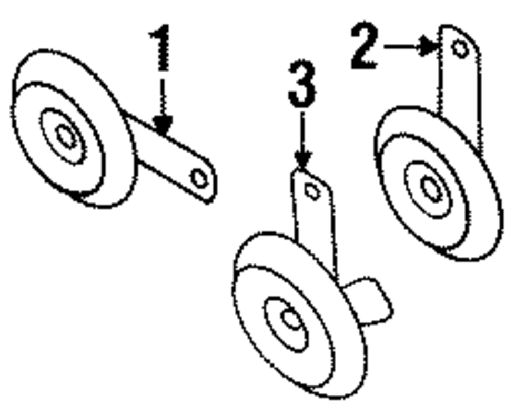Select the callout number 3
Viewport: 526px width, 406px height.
pyautogui.click(x=302, y=84)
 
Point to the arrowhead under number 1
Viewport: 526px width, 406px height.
pyautogui.click(x=163, y=126)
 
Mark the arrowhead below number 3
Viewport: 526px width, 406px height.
pyautogui.click(x=302, y=159)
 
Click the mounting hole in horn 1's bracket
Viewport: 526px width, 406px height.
pyautogui.click(x=199, y=178)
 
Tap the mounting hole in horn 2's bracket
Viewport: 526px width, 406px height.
pyautogui.click(x=460, y=49)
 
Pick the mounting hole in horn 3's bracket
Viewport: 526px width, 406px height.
pyautogui.click(x=312, y=192)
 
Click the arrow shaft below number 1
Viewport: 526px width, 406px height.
pyautogui.click(x=163, y=97)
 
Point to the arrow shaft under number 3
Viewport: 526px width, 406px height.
pyautogui.click(x=302, y=131)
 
